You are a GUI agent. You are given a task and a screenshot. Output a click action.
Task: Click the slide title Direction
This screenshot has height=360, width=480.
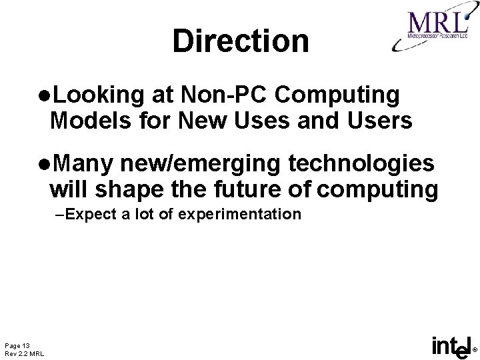coord(241,41)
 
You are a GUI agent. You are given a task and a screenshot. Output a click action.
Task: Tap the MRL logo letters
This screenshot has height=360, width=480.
coord(437,22)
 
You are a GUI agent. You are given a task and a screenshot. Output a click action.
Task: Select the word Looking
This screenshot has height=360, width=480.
coord(97,95)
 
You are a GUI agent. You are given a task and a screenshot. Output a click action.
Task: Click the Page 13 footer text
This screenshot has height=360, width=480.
coord(17,345)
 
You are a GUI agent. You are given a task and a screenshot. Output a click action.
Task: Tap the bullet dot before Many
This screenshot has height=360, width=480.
coord(44,164)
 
